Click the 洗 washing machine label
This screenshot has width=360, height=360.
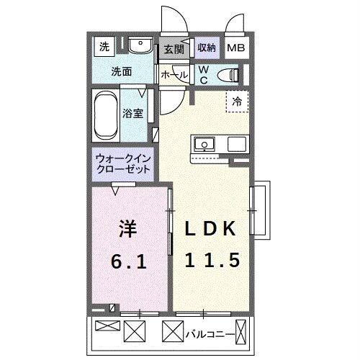pyautogui.click(x=104, y=48)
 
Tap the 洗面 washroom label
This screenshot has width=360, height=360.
pyautogui.click(x=122, y=72)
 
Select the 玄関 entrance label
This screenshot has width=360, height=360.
pyautogui.click(x=173, y=49)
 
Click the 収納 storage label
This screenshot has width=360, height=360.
pyautogui.click(x=207, y=48)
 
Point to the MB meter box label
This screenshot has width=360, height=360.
pyautogui.click(x=235, y=49)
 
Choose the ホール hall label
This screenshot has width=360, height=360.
pyautogui.click(x=174, y=75)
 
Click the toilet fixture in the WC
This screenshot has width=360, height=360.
pyautogui.click(x=230, y=74)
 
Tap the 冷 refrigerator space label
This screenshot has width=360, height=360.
pyautogui.click(x=237, y=102)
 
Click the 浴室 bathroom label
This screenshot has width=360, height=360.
pyautogui.click(x=132, y=113)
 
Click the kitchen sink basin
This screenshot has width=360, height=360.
pyautogui.click(x=205, y=144)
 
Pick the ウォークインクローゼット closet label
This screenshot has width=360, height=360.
pyautogui.click(x=122, y=163)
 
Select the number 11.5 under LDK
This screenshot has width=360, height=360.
pyautogui.click(x=212, y=260)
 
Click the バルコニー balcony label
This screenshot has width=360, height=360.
pyautogui.click(x=208, y=334)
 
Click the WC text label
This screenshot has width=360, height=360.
pyautogui.click(x=203, y=74)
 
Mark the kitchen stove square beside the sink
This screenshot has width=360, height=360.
pyautogui.click(x=237, y=144)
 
